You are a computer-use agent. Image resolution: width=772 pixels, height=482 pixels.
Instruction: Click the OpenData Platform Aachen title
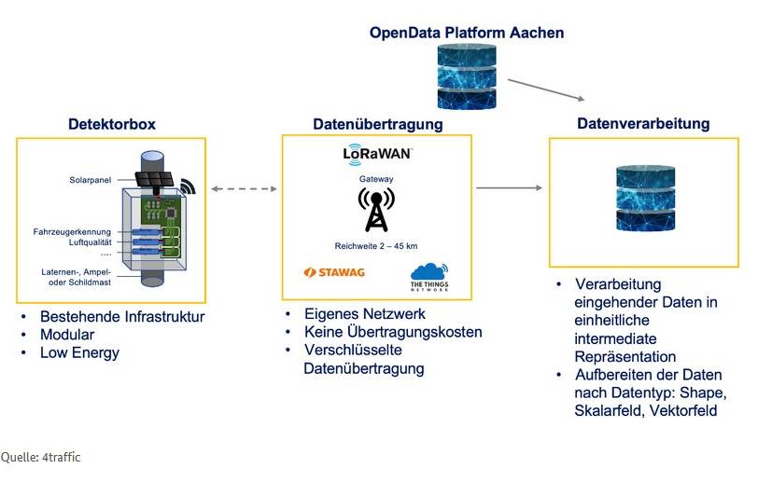point(466,33)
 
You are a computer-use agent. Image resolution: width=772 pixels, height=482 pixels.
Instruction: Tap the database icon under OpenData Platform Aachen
point(466,77)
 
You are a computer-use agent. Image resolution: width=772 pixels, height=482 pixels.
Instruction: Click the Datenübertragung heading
point(377,124)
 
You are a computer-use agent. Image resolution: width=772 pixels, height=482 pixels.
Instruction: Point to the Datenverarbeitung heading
point(643,124)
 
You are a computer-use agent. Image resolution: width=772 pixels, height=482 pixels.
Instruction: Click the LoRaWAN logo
point(377,153)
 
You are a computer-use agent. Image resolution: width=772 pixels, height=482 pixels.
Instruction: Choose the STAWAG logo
point(334,272)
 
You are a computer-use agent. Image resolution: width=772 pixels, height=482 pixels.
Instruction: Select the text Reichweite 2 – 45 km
point(376,245)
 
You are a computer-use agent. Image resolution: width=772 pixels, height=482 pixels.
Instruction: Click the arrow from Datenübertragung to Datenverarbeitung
point(509,188)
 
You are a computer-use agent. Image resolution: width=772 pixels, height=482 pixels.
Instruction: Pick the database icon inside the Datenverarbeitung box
point(643,199)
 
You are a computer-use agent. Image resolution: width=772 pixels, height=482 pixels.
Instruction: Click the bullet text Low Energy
point(79,353)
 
